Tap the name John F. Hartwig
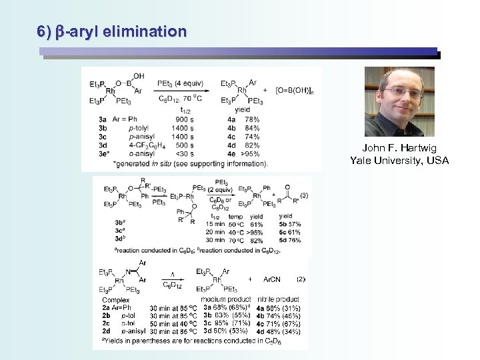click(x=399, y=149)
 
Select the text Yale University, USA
click(x=399, y=160)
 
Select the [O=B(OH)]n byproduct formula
click(x=295, y=89)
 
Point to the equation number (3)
click(x=303, y=195)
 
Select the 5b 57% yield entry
click(x=290, y=224)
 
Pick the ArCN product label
click(x=272, y=279)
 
